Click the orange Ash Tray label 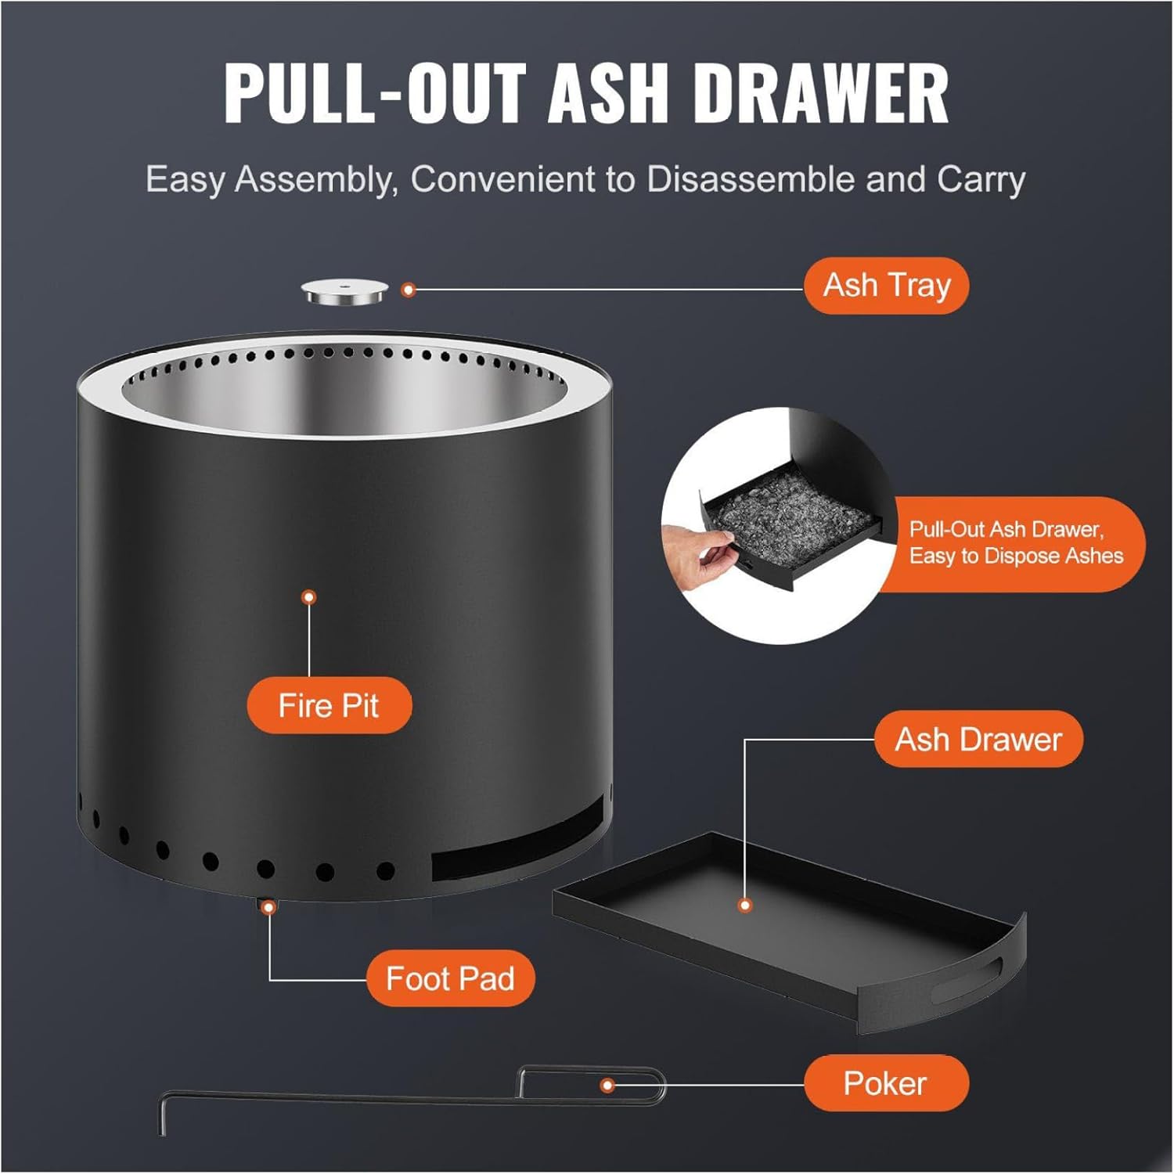click(x=886, y=286)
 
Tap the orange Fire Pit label click(x=329, y=706)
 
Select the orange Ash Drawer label click(x=978, y=740)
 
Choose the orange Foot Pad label click(x=450, y=978)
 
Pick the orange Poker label click(x=885, y=1084)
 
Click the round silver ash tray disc click(x=344, y=293)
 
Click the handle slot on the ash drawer click(x=967, y=979)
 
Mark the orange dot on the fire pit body click(x=309, y=597)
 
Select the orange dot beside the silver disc click(x=407, y=290)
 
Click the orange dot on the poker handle click(x=607, y=1086)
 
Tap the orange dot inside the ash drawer click(x=745, y=906)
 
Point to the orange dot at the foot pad click(x=269, y=907)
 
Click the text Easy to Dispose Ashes click(x=1016, y=556)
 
